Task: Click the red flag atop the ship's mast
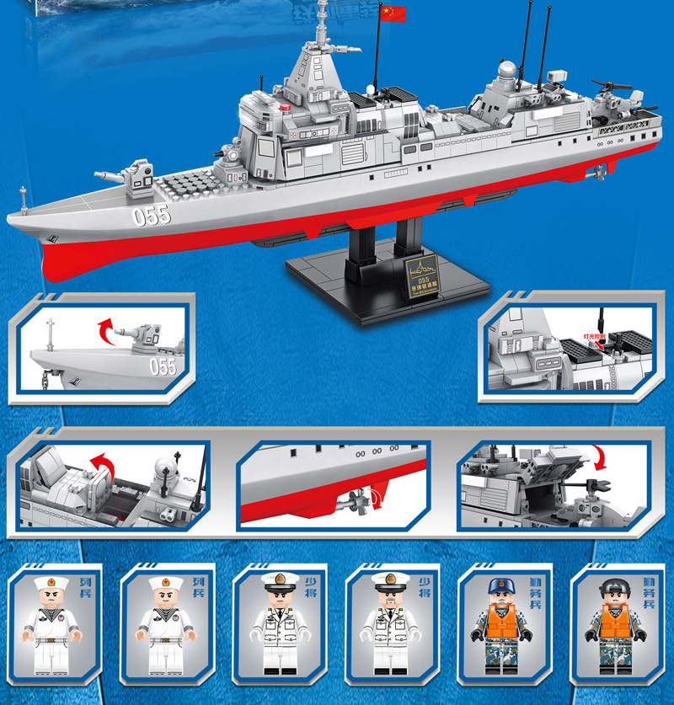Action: click(393, 13)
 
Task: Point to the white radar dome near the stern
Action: click(506, 71)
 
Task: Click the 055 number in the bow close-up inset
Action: click(162, 366)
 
